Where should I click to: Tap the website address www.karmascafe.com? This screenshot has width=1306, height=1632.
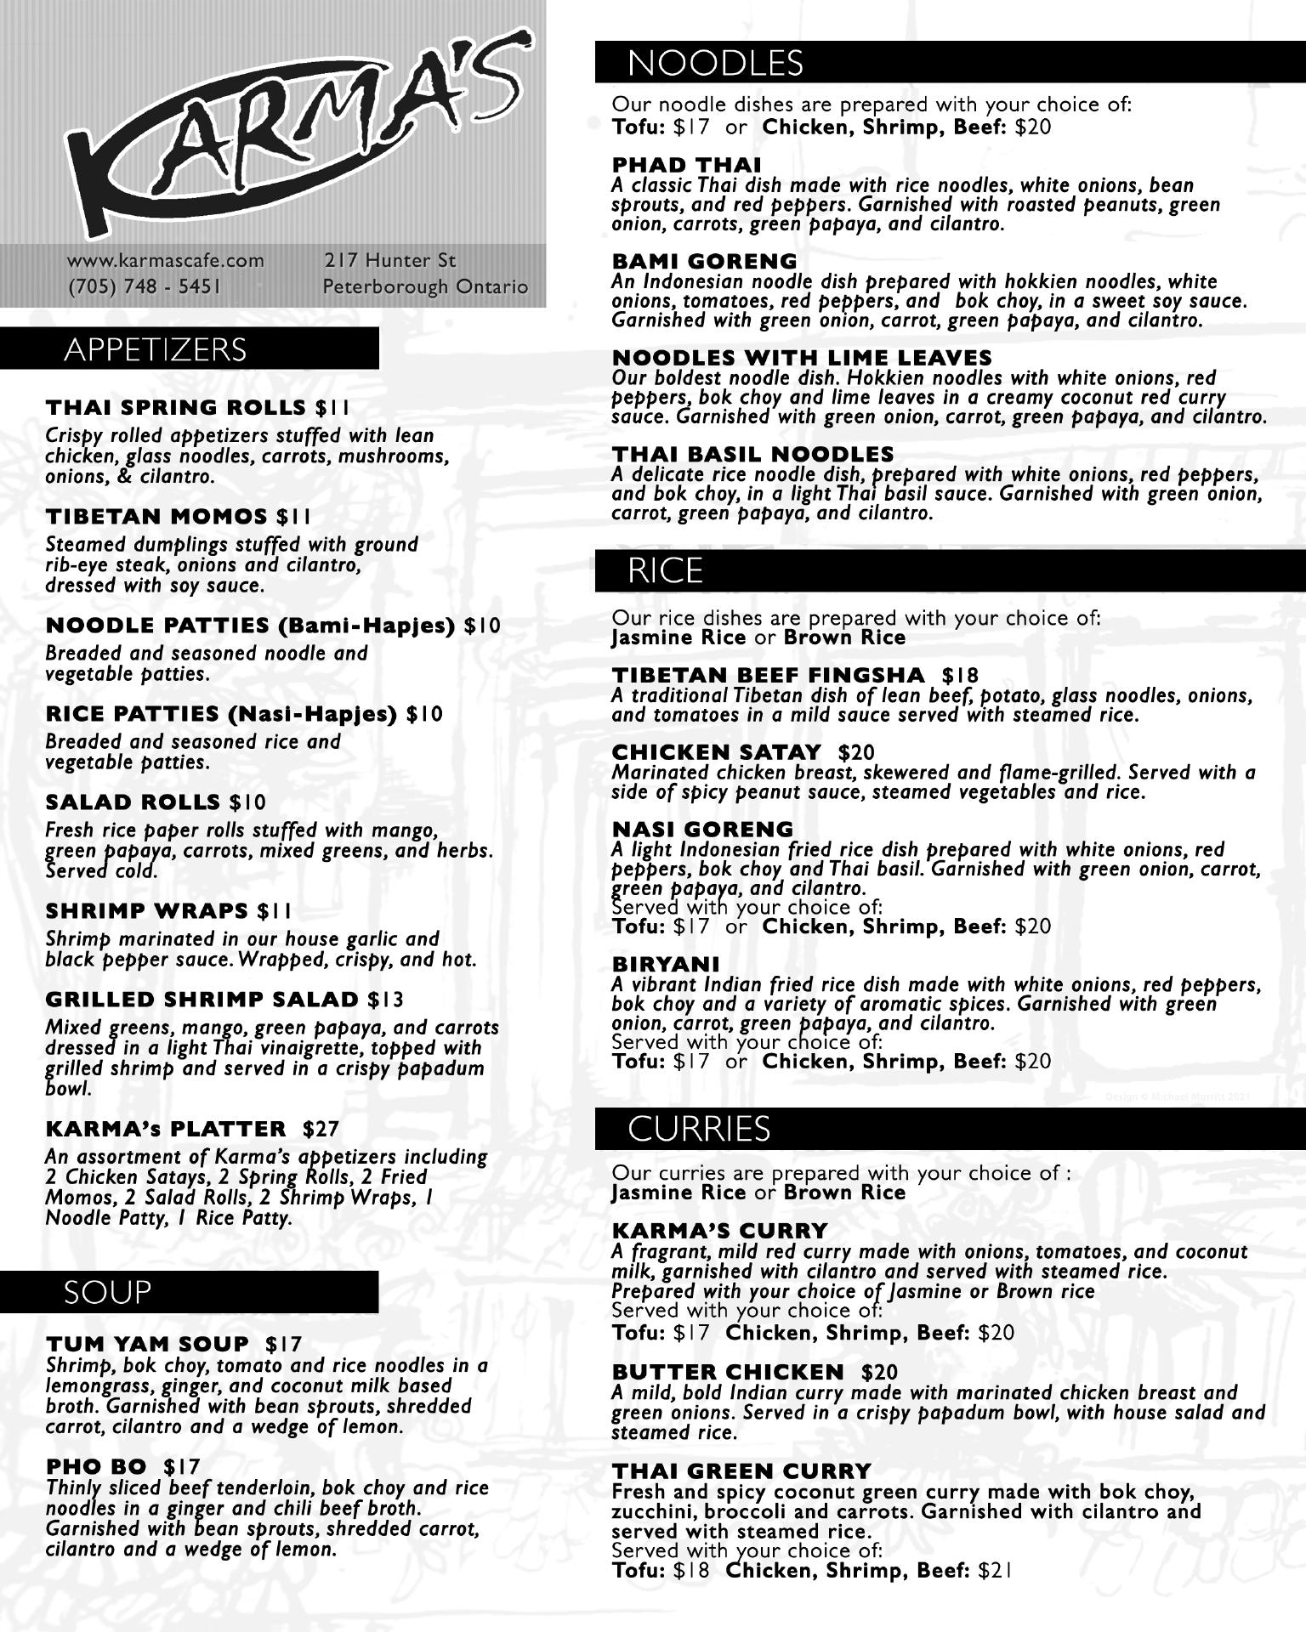166,260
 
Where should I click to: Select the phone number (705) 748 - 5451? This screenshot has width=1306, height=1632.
145,286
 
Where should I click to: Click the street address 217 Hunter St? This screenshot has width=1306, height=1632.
389,260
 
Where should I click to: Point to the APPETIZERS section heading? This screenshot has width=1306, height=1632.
155,349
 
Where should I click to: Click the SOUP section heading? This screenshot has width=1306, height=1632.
107,1292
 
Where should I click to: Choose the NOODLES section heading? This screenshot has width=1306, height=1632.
715,63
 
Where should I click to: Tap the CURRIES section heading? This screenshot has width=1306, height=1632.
699,1128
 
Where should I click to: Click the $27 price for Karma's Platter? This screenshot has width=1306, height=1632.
321,1129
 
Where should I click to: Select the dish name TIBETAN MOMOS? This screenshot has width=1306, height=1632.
156,517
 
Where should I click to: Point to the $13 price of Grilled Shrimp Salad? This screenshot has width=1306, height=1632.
386,1000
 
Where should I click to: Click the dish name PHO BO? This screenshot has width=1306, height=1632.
96,1466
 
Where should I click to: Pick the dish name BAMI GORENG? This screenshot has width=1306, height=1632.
704,261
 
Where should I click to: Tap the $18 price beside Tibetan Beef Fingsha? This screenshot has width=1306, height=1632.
961,676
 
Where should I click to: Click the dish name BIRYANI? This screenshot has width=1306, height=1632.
665,964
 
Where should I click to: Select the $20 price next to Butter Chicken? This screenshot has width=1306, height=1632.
879,1373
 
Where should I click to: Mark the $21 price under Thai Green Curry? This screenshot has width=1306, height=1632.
996,1571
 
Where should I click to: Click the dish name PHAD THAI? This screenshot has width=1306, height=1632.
686,165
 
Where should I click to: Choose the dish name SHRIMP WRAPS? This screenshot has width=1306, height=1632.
147,911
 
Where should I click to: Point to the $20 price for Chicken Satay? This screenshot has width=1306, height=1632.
856,752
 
